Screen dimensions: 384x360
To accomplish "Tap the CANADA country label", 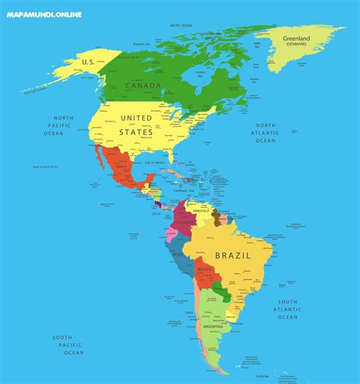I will click(x=144, y=85).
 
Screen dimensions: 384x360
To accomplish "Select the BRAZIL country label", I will click(x=233, y=256).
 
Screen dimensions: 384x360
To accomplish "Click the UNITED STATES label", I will click(x=136, y=125).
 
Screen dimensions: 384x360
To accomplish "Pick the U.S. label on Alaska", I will click(x=87, y=61).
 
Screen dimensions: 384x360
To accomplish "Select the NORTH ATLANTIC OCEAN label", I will click(x=265, y=133).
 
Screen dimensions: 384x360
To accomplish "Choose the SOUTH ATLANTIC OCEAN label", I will click(x=287, y=309).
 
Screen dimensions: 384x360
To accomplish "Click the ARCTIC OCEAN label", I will click(x=181, y=25).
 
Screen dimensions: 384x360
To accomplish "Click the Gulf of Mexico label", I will click(x=154, y=162).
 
